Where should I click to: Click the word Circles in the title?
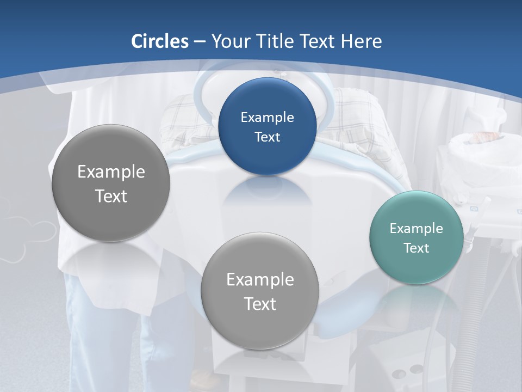click(x=159, y=41)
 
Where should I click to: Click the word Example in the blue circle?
click(x=267, y=117)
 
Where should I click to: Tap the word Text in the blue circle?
click(x=267, y=137)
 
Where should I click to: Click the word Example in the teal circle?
click(x=416, y=228)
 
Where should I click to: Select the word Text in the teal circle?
click(x=416, y=248)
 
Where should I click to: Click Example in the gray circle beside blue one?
click(x=111, y=172)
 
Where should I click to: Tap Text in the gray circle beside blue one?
click(x=111, y=196)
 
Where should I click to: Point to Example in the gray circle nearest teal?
click(x=260, y=279)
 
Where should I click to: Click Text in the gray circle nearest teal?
click(x=260, y=304)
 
